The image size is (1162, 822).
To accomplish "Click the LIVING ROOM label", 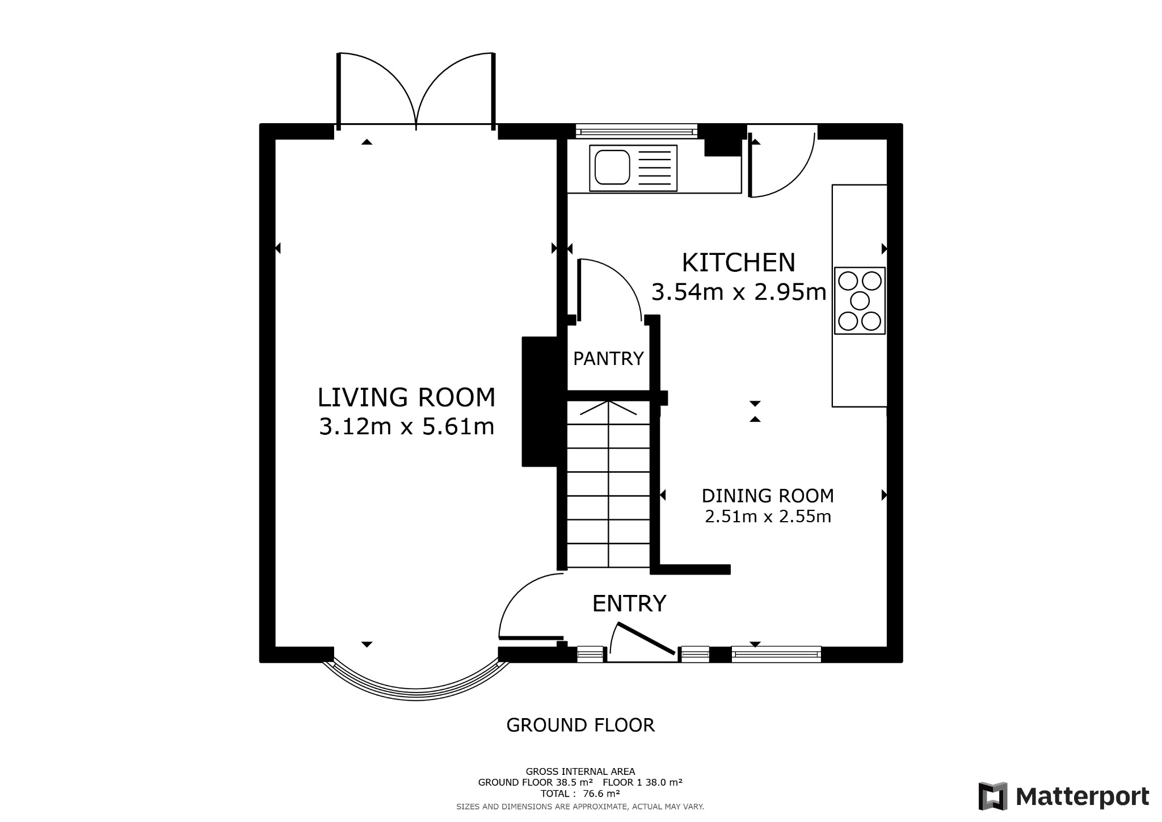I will point(406,397).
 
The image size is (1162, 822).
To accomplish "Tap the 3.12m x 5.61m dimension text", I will point(406,426).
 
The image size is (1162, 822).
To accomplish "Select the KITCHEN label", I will point(738,263).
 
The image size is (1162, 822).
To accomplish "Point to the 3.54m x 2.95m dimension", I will point(738,292).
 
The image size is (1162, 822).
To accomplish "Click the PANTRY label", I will point(608,359).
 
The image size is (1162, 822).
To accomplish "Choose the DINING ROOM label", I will point(768,496).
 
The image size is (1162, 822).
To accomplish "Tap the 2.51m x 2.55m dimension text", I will point(768,517).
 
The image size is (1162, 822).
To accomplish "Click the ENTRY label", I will point(629,603).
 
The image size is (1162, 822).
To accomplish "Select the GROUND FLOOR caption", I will point(580,725).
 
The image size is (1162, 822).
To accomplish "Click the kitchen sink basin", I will point(612,167).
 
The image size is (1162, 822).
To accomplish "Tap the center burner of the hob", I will point(860,300).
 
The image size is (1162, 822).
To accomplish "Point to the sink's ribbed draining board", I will point(655,168).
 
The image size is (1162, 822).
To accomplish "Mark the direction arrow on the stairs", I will point(608,406).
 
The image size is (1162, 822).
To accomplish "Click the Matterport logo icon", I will point(992,796).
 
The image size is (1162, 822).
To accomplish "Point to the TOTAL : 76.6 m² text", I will point(580,793).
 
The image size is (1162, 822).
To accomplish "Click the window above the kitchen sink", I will point(636,132).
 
